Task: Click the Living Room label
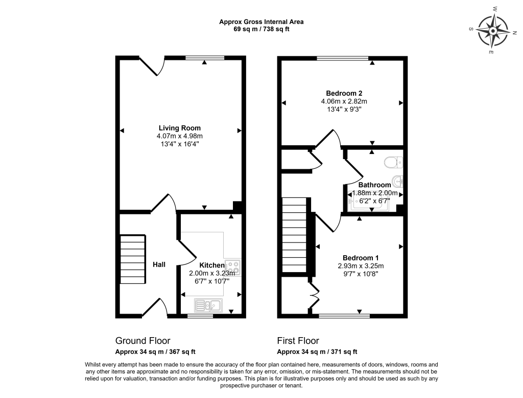[179, 128]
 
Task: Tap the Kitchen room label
[211, 265]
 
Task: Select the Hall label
[159, 264]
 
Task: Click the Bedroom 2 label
[344, 93]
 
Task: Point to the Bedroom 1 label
[360, 258]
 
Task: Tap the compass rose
[492, 31]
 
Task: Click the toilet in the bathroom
[394, 162]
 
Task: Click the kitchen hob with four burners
[233, 266]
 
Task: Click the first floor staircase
[295, 237]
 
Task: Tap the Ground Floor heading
[142, 341]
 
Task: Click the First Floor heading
[298, 341]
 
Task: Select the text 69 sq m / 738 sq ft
[261, 29]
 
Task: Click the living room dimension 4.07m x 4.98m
[179, 136]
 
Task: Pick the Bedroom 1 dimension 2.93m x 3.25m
[360, 266]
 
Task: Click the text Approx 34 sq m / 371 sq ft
[317, 352]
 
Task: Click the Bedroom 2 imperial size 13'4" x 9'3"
[344, 109]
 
